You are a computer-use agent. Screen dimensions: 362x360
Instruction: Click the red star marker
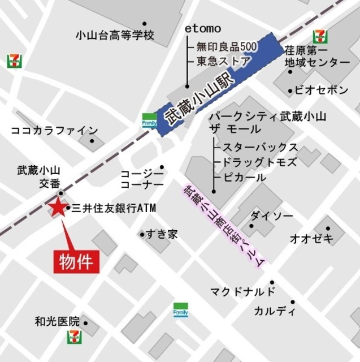pyautogui.click(x=58, y=208)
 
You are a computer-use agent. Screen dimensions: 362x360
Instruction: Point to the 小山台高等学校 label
pyautogui.click(x=115, y=35)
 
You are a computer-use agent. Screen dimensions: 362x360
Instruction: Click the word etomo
pyautogui.click(x=203, y=28)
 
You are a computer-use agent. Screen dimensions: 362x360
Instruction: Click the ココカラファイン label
pyautogui.click(x=54, y=131)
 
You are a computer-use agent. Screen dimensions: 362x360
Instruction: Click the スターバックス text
pyautogui.click(x=260, y=147)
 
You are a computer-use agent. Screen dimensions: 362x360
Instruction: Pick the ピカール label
pyautogui.click(x=244, y=178)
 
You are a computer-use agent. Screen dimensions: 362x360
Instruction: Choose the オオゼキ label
pyautogui.click(x=312, y=238)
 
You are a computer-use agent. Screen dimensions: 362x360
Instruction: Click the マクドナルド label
pyautogui.click(x=242, y=292)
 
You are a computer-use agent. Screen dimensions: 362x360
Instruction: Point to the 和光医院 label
pyautogui.click(x=57, y=322)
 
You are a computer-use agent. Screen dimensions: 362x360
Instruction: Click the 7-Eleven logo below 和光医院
pyautogui.click(x=74, y=337)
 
